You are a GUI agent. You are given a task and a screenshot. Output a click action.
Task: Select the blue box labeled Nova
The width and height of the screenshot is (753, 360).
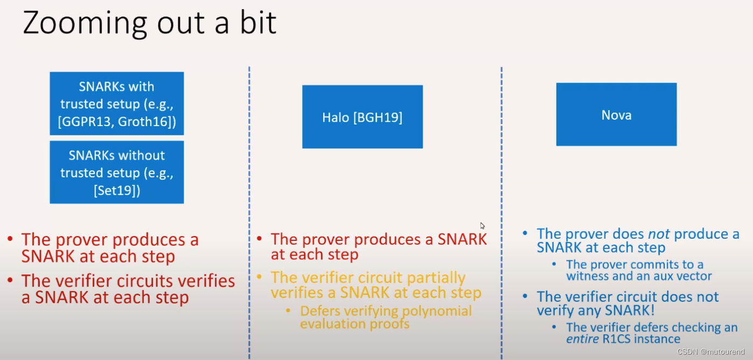[617, 114]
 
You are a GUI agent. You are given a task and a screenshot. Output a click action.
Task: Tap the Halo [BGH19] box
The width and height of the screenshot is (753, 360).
[362, 117]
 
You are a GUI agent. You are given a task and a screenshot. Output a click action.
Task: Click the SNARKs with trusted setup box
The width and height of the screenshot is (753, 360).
[117, 103]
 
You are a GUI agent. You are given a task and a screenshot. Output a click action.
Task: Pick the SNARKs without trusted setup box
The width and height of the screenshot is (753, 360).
[117, 172]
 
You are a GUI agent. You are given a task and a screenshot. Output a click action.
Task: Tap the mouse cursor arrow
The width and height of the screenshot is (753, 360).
[483, 226]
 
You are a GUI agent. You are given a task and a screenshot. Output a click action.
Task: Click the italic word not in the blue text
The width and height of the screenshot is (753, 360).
[659, 234]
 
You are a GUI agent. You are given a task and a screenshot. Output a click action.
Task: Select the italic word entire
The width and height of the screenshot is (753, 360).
[582, 339]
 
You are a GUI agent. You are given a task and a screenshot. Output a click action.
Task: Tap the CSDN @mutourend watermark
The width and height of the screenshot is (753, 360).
[710, 351]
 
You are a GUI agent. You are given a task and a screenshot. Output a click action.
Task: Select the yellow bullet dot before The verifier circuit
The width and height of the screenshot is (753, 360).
[259, 277]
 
